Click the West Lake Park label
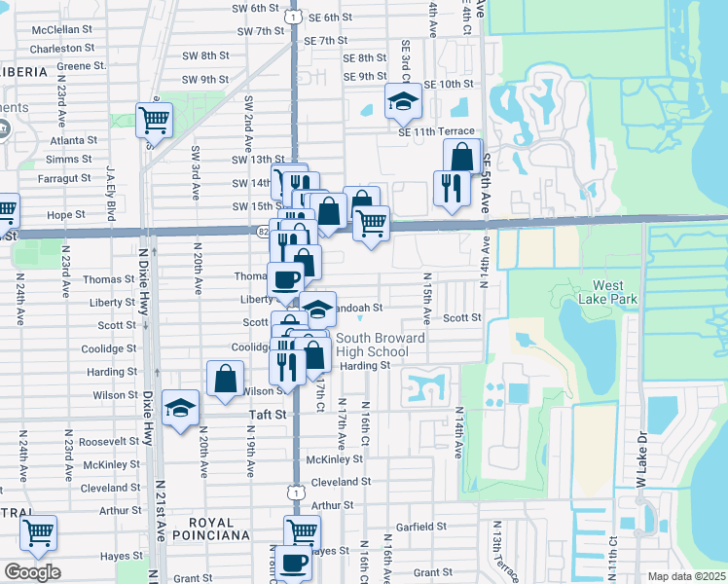[614, 293]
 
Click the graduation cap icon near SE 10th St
[401, 100]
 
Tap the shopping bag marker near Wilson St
[225, 378]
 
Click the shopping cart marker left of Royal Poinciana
[38, 532]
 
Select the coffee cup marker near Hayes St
[293, 562]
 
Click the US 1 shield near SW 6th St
[292, 17]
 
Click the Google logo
[32, 572]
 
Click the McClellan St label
[61, 30]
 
